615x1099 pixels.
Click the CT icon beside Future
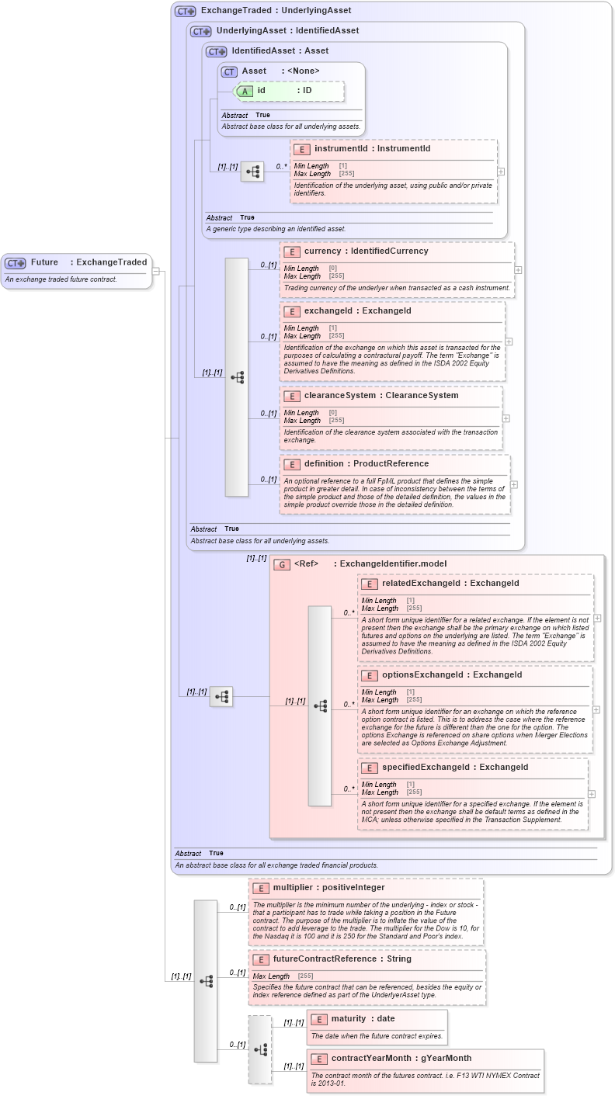pyautogui.click(x=16, y=263)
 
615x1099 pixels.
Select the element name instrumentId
pyautogui.click(x=340, y=148)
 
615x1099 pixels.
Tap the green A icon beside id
pyautogui.click(x=245, y=91)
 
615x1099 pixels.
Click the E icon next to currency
pyautogui.click(x=292, y=251)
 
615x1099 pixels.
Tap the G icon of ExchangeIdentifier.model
pyautogui.click(x=283, y=564)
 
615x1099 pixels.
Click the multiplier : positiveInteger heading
pyautogui.click(x=328, y=888)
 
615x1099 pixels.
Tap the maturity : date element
pyautogui.click(x=363, y=1019)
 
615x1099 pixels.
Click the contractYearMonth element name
pyautogui.click(x=369, y=1059)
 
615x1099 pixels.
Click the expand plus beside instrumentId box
pyautogui.click(x=501, y=172)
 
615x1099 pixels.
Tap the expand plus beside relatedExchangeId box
pyautogui.click(x=597, y=619)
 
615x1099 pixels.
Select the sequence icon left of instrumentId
pyautogui.click(x=252, y=172)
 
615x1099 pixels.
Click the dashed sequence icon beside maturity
pyautogui.click(x=260, y=1049)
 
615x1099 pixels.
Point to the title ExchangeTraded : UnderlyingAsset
pyautogui.click(x=276, y=11)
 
